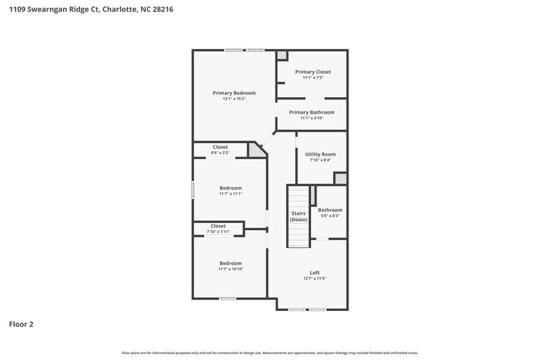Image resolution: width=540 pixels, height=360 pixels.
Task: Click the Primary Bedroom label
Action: [x=234, y=93]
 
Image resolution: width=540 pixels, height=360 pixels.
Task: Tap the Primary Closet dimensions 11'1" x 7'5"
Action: [x=312, y=78]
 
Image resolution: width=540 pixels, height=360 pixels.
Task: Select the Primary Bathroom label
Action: [x=312, y=112]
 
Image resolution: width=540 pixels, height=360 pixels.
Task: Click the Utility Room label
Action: [x=320, y=154]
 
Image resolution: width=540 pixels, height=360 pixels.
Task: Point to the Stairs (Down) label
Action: [x=298, y=216]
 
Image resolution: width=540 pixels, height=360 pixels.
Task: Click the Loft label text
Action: [x=314, y=272]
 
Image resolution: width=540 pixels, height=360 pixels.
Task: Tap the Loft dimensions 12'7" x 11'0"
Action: [x=314, y=279]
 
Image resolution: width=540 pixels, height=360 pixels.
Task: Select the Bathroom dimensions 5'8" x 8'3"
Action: [x=330, y=216]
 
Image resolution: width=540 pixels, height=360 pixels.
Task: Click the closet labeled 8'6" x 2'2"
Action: [x=220, y=149]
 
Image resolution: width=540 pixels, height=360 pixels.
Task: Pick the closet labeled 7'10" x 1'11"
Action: [x=219, y=228]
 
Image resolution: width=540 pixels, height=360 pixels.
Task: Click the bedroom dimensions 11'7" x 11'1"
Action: [x=231, y=193]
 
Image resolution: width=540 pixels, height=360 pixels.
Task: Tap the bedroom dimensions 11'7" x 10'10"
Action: [x=231, y=269]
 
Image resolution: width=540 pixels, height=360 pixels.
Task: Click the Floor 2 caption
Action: [x=21, y=324]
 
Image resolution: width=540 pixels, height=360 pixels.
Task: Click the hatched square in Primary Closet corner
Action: [x=282, y=55]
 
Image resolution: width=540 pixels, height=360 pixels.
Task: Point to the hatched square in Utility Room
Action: [x=340, y=178]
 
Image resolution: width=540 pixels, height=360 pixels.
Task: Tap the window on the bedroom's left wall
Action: [x=193, y=189]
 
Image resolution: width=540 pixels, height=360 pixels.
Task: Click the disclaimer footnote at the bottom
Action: [x=269, y=353]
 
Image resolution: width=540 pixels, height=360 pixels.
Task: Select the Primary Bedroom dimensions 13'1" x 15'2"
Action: [x=234, y=99]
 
